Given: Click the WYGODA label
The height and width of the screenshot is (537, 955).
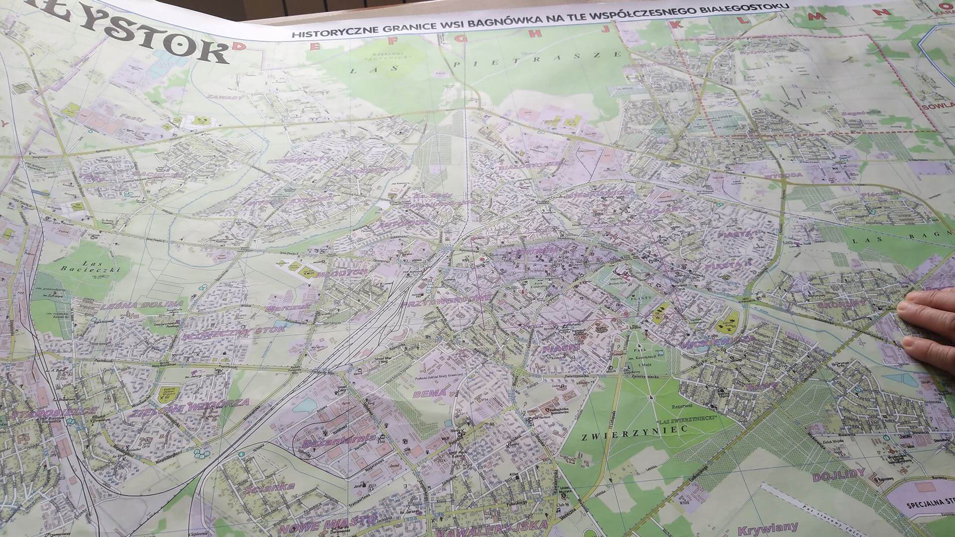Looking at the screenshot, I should [774, 175].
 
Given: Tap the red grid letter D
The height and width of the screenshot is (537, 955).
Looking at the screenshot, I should [240, 46].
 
